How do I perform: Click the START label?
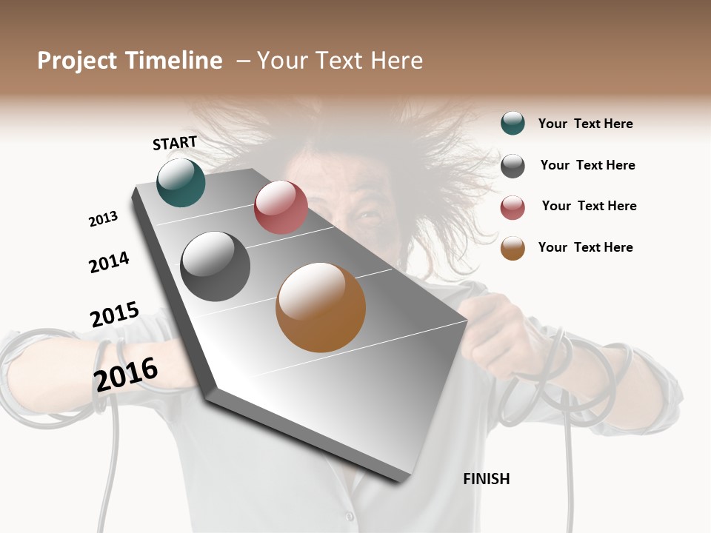(x=175, y=143)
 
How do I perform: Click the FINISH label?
(x=486, y=479)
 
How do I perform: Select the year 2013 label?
(x=104, y=218)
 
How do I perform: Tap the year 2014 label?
(x=109, y=262)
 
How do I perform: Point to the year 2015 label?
(x=115, y=315)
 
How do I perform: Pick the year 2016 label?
(x=126, y=374)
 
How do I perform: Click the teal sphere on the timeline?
(x=181, y=183)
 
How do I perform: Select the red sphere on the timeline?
(x=281, y=207)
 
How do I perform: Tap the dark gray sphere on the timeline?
(x=215, y=266)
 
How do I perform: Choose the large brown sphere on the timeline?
(x=321, y=307)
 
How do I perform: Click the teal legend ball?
(x=513, y=124)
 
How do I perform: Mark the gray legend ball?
(x=513, y=166)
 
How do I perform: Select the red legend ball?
(x=513, y=207)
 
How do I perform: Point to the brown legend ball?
(x=513, y=248)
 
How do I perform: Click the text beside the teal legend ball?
(x=585, y=124)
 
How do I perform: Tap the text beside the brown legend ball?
(x=585, y=247)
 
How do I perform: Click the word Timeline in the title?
(x=176, y=61)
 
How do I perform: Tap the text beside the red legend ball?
(x=589, y=206)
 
